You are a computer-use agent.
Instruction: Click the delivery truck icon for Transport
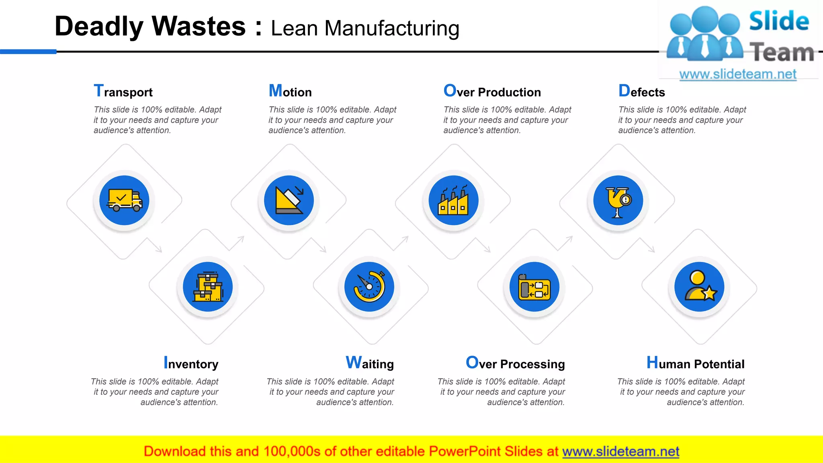(x=125, y=200)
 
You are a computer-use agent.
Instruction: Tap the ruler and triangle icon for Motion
(x=289, y=200)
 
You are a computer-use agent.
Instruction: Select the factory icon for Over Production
(x=453, y=200)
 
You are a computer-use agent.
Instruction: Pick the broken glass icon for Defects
(x=618, y=200)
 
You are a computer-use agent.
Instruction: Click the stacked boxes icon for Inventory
(x=208, y=287)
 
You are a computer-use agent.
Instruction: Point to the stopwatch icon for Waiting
(x=369, y=287)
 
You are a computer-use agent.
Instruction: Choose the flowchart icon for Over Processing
(x=534, y=287)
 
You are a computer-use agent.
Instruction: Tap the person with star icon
(x=699, y=287)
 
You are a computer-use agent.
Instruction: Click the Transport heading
(x=123, y=92)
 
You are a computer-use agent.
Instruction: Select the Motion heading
(x=290, y=92)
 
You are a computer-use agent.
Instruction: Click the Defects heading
(x=642, y=92)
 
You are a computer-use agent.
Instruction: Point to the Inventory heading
(x=191, y=363)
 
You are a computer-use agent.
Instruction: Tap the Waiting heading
(x=370, y=363)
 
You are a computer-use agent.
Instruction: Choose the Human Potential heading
(x=695, y=363)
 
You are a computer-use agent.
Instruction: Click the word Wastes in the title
(x=199, y=27)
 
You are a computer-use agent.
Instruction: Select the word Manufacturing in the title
(x=392, y=29)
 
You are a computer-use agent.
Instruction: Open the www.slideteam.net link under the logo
(x=738, y=74)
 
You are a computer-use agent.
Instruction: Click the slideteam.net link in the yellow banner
(x=620, y=451)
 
